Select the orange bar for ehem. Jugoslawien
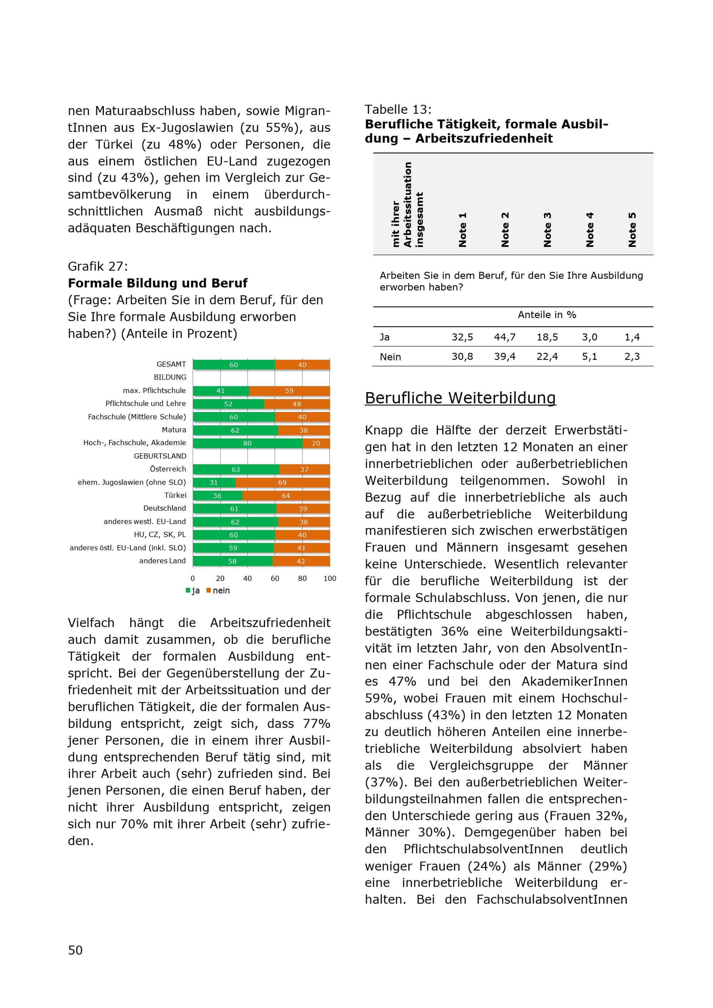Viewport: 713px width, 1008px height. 282,483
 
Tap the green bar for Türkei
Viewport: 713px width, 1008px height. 217,496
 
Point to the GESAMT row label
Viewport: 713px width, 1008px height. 171,364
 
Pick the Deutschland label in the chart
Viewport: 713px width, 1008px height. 165,508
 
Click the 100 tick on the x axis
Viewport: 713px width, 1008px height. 330,578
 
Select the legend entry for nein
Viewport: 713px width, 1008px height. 218,591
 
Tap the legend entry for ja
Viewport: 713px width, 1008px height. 193,591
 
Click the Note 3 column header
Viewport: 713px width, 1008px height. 548,229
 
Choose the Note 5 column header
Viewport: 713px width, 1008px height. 632,229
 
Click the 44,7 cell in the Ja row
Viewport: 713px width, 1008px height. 505,337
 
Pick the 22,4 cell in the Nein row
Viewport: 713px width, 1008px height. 547,357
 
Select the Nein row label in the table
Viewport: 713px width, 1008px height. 390,357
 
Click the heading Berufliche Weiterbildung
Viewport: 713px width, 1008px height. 460,398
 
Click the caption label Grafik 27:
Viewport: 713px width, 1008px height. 97,267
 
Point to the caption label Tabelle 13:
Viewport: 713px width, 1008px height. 398,109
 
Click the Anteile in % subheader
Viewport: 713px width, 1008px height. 547,315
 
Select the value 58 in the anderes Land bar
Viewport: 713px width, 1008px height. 232,561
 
